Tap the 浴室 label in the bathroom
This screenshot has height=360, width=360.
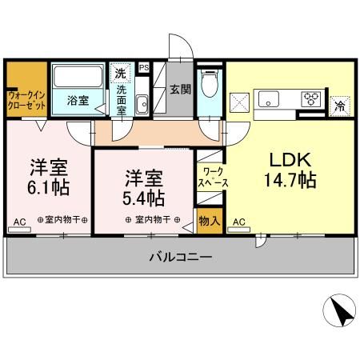pos(77,102)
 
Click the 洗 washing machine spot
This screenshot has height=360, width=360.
pos(120,74)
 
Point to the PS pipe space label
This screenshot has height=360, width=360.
pos(144,68)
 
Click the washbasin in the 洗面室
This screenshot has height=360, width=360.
pos(142,104)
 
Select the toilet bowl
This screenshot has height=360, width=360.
pos(210,82)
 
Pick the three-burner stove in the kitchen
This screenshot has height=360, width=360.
pos(310,99)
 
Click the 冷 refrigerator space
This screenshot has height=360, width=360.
pos(339,104)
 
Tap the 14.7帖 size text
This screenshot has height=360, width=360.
pos(289,180)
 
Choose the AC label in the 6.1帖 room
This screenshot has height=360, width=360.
pos(19,221)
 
